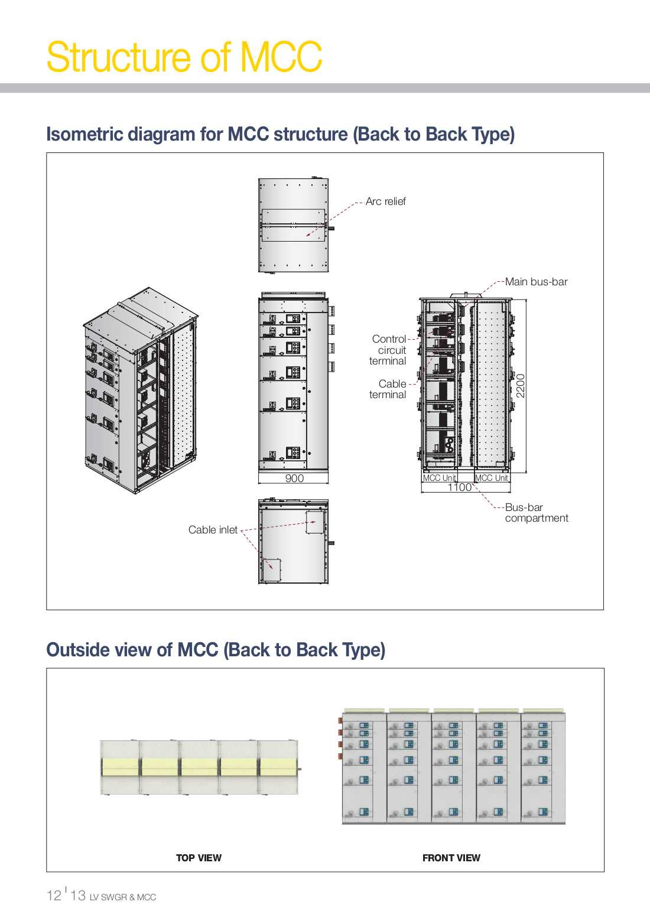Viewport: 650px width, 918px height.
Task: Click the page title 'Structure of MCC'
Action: (184, 57)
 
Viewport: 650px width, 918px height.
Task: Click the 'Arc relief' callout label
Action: (385, 201)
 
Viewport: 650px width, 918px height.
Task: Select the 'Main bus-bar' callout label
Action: (536, 282)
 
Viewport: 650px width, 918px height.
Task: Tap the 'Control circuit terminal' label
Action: (388, 350)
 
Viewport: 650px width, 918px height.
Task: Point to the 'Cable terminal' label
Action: (388, 389)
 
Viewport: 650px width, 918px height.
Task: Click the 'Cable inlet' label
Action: (213, 530)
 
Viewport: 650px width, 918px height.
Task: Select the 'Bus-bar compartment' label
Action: (536, 513)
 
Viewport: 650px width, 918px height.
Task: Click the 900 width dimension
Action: (294, 478)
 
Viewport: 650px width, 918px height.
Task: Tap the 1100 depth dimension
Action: (459, 487)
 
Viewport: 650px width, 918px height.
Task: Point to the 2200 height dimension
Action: (521, 386)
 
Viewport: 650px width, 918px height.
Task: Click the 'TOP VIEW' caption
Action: (199, 858)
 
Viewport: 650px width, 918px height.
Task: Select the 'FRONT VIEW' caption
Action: (451, 858)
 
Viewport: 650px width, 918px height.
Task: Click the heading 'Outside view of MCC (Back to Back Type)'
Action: (216, 650)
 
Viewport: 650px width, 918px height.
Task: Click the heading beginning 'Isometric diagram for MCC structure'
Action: (280, 134)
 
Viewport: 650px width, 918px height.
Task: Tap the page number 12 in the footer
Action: (54, 896)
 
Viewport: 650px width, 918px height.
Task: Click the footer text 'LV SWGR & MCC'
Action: (123, 897)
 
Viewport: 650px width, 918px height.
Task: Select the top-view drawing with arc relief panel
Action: (294, 225)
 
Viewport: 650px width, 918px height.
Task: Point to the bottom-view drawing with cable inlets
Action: (294, 542)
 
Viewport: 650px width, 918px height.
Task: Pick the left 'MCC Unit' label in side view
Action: (439, 478)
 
